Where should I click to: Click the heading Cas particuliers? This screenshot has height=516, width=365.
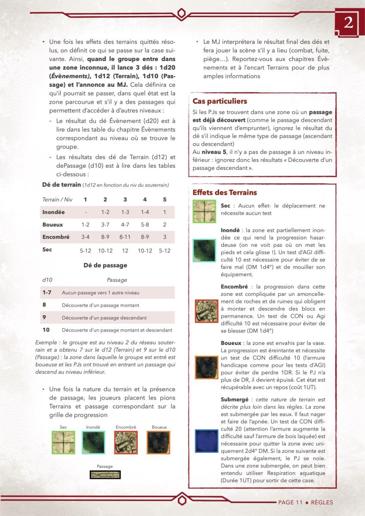pyautogui.click(x=220, y=101)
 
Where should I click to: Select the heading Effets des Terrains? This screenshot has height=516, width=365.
pyautogui.click(x=225, y=192)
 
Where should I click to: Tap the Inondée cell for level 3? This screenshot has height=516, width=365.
pyautogui.click(x=125, y=212)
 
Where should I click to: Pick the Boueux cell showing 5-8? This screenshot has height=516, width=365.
pyautogui.click(x=145, y=224)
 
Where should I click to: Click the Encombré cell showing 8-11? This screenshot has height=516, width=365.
pyautogui.click(x=125, y=237)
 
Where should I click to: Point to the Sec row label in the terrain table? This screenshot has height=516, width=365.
pyautogui.click(x=47, y=249)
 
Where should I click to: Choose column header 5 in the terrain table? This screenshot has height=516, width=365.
pyautogui.click(x=164, y=200)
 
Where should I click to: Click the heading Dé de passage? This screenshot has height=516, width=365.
pyautogui.click(x=105, y=265)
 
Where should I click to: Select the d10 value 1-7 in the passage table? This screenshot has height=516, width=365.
pyautogui.click(x=47, y=292)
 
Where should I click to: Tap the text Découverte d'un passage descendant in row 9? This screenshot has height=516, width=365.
pyautogui.click(x=104, y=318)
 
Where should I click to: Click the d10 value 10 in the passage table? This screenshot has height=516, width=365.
pyautogui.click(x=46, y=330)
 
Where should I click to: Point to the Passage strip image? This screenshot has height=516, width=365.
pyautogui.click(x=105, y=475)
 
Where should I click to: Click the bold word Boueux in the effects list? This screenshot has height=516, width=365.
pyautogui.click(x=230, y=343)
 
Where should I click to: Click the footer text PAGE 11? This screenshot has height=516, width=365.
pyautogui.click(x=291, y=502)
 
